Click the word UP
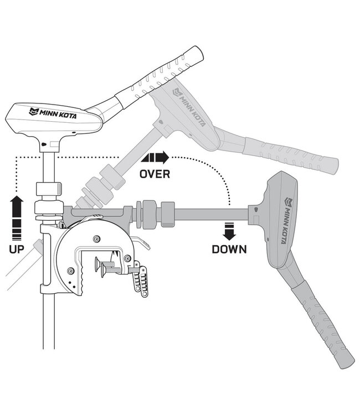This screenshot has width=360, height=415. pyautogui.click(x=17, y=249)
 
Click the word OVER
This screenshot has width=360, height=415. pyautogui.click(x=155, y=174)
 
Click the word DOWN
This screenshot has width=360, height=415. pyautogui.click(x=229, y=250)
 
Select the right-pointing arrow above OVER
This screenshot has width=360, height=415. pyautogui.click(x=155, y=158)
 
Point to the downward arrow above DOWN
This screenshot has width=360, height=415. pyautogui.click(x=229, y=231)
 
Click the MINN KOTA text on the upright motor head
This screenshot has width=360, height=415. pyautogui.click(x=53, y=113)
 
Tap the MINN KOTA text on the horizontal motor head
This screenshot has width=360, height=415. pyautogui.click(x=287, y=220)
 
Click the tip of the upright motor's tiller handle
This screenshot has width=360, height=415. pyautogui.click(x=198, y=52)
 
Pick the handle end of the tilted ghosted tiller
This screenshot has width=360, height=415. pyautogui.click(x=335, y=165)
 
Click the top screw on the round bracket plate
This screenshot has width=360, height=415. pyautogui.click(x=97, y=238)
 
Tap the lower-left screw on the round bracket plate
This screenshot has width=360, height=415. pyautogui.click(x=71, y=271)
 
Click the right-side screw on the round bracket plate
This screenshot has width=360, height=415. pyautogui.click(x=127, y=258)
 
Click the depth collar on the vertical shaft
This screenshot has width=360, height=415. pyautogui.click(x=49, y=188)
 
